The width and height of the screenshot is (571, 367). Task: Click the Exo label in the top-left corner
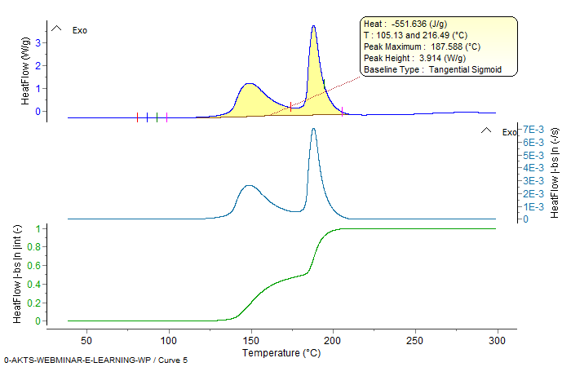80,30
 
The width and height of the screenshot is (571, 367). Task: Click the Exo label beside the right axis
509,132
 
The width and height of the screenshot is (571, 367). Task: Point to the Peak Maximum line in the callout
423,47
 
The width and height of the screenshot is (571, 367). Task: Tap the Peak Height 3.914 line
414,59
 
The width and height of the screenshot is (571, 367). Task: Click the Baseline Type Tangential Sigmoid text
432,70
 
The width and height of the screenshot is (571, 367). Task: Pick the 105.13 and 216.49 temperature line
414,36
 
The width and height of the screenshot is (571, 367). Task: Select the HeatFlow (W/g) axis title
25,71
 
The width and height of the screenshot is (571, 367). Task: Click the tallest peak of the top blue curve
313,26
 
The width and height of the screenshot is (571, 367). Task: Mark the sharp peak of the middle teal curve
313,129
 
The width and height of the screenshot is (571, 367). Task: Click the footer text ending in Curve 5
95,360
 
